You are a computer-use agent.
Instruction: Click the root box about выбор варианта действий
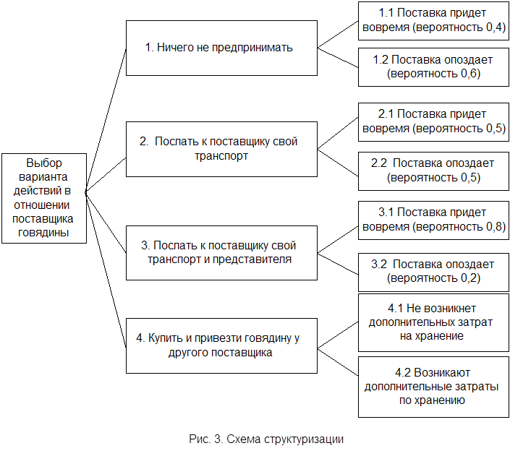[x=44, y=198]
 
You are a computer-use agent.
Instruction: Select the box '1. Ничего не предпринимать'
[x=221, y=48]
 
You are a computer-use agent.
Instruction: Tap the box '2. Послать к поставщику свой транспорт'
[x=221, y=149]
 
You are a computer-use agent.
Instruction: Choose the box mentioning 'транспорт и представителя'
[x=221, y=253]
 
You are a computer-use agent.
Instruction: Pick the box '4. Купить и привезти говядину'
[x=221, y=345]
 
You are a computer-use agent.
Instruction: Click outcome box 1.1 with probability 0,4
[x=433, y=21]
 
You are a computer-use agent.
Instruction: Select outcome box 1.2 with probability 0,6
[x=433, y=67]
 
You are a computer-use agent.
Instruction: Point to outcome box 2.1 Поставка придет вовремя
[x=433, y=122]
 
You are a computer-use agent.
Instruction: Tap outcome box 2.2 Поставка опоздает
[x=433, y=171]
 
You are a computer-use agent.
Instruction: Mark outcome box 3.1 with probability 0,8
[x=433, y=220]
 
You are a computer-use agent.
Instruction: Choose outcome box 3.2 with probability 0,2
[x=433, y=272]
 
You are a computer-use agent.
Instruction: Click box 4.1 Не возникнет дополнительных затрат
[x=433, y=322]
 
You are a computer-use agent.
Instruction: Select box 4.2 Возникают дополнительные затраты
[x=433, y=387]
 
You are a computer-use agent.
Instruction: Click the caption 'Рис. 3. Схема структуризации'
[x=266, y=439]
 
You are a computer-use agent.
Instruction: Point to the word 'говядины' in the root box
[x=43, y=233]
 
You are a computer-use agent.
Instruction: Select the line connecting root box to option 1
[x=106, y=121]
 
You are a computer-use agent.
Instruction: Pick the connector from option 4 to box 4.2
[x=338, y=362]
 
